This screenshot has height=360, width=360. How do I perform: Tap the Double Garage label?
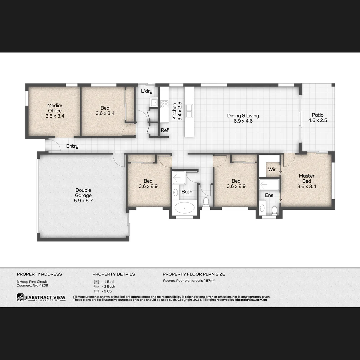[83, 196]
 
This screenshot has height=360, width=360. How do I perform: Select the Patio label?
[317, 118]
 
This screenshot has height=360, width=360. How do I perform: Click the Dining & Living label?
[243, 118]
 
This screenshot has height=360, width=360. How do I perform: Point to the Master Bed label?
[307, 181]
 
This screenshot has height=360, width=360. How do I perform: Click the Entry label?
[72, 146]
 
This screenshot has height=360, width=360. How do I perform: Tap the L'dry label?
[147, 91]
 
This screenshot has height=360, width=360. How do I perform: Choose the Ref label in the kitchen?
[165, 130]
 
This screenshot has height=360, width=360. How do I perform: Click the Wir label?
[272, 169]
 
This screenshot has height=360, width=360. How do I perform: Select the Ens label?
[269, 195]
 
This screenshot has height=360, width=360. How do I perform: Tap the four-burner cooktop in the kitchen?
[164, 104]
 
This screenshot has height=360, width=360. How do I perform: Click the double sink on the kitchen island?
[189, 110]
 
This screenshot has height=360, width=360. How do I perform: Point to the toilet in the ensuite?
[274, 210]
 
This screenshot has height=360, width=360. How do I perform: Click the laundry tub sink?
[154, 102]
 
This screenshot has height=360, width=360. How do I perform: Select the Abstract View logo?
[41, 297]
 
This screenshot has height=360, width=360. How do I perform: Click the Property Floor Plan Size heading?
[194, 274]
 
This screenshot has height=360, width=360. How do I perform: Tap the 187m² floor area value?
[209, 281]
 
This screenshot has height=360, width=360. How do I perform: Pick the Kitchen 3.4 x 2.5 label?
[177, 111]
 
